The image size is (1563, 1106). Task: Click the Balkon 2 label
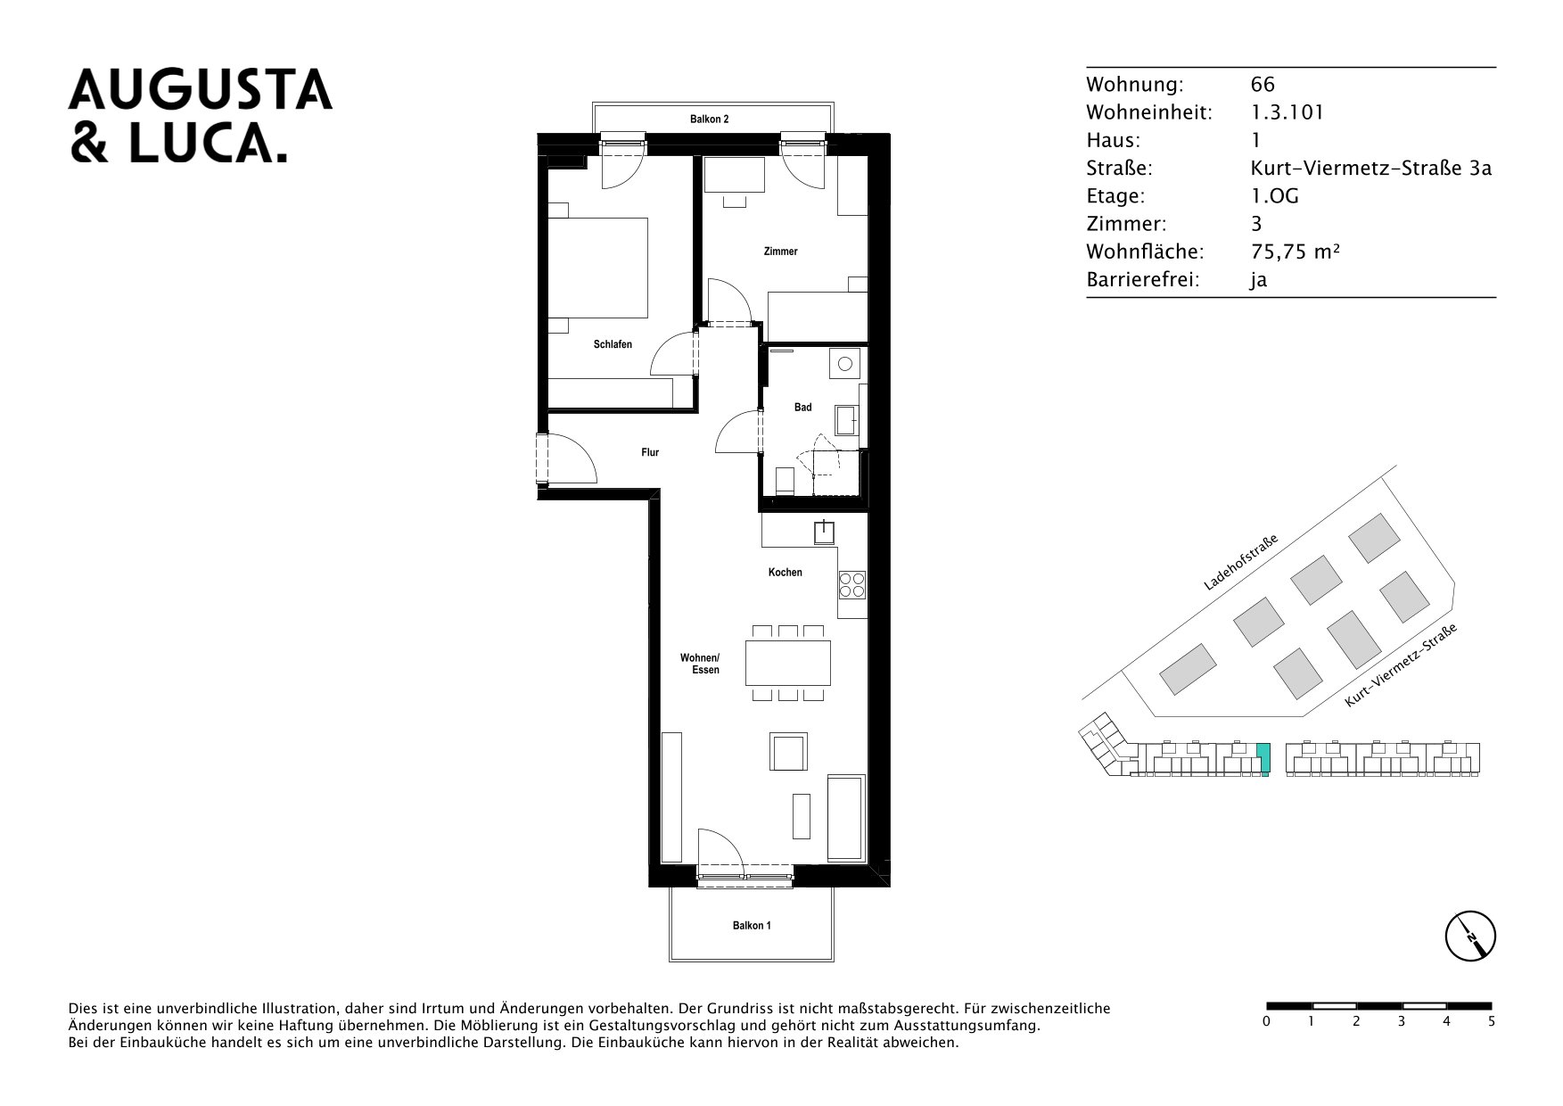pos(710,119)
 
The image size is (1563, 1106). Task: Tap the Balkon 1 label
pos(752,926)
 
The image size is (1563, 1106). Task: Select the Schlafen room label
pos(613,344)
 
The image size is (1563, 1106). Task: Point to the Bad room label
pos(803,408)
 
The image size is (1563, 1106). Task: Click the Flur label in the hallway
pos(650,453)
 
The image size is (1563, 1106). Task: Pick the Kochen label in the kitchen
pos(786,573)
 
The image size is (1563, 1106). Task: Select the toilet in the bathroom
pos(786,480)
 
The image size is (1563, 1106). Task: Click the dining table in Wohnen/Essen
pos(788,662)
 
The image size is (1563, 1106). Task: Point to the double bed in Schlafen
pos(597,268)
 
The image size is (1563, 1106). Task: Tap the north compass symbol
pos(1469,937)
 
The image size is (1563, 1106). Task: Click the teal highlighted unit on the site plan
pos(1263,759)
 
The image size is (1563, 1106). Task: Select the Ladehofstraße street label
pos(1241,563)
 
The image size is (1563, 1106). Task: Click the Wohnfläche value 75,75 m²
pos(1296,252)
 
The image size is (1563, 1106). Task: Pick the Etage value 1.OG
pos(1275,195)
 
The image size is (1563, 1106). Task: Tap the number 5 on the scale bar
pos(1491,1022)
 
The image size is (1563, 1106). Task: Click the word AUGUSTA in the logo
pos(201,91)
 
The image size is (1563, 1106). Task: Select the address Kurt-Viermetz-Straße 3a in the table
pos(1371,168)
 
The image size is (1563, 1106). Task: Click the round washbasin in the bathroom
pos(843,363)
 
